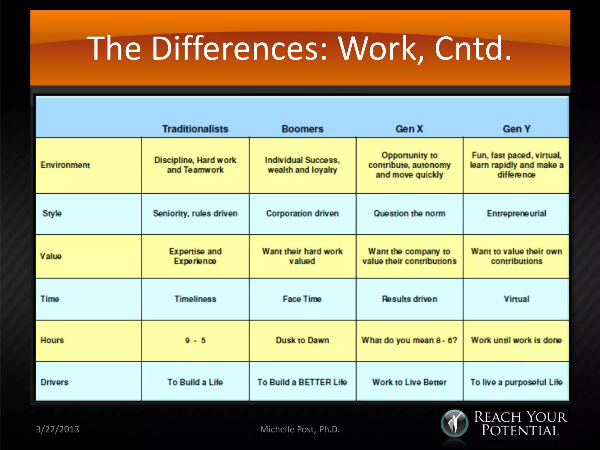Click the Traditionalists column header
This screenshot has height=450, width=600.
pos(195,129)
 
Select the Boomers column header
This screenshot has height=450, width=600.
pos(302,129)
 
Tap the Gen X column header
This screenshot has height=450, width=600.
pos(409,129)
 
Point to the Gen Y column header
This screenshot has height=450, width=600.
pos(517,129)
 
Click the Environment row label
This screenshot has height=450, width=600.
pos(65,165)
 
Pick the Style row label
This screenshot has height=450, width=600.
pos(52,213)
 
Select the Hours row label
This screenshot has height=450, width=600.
pos(52,340)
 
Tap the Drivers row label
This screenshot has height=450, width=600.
pos(54,382)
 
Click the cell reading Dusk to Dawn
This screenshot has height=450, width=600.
pos(302,340)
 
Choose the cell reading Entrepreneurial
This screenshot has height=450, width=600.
pos(517,213)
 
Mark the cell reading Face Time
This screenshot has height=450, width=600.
pos(302,299)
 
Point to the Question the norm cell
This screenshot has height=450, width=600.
pos(409,213)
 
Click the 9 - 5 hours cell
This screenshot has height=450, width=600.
pos(195,340)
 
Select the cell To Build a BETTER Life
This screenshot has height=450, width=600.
pos(302,382)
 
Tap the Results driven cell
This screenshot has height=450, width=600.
pos(409,299)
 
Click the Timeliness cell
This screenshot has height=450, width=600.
pos(195,299)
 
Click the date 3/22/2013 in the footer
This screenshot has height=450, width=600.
pos(57,429)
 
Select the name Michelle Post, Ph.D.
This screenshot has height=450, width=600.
pos(300,429)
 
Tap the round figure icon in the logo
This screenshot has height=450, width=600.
pos(454,423)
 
